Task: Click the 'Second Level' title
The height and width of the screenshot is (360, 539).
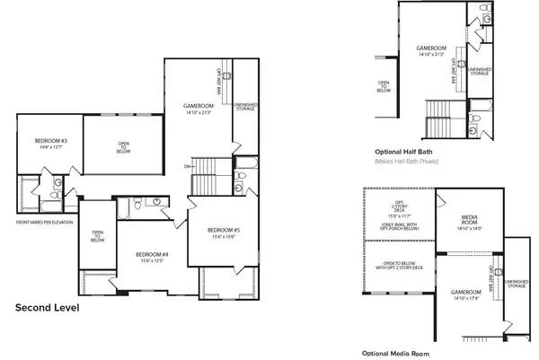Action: (48, 308)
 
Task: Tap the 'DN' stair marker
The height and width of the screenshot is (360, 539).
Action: (187, 167)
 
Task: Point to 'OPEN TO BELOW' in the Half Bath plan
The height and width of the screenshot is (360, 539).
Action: (384, 87)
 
